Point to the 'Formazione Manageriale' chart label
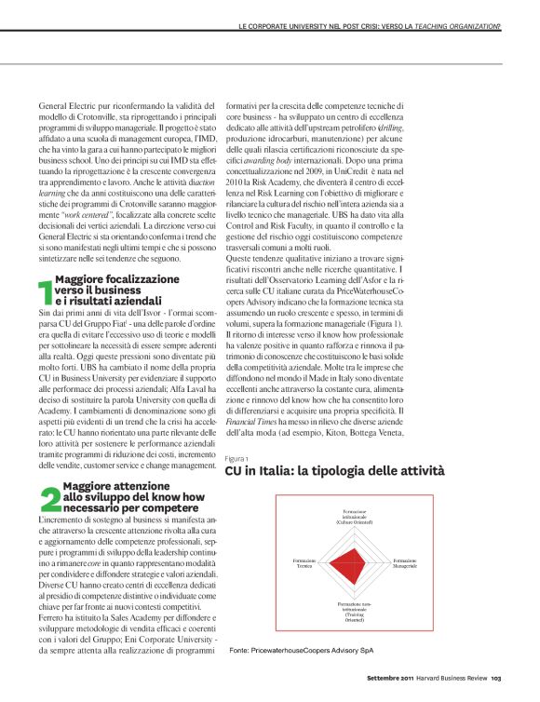click(403, 563)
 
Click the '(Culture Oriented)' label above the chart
click(353, 521)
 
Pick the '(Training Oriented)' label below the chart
click(353, 619)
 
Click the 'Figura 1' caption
click(236, 458)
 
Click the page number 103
click(496, 690)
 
